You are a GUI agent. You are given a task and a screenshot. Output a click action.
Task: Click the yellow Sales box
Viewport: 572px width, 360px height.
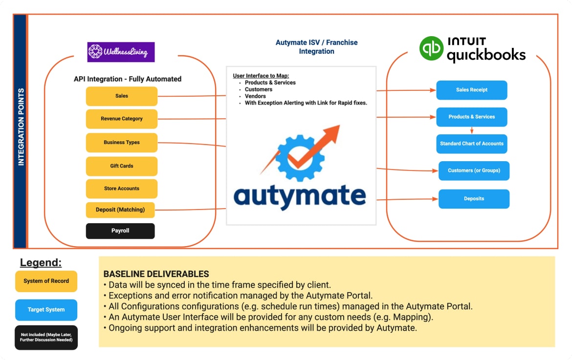click(121, 96)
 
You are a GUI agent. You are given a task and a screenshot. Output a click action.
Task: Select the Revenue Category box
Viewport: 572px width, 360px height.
click(121, 119)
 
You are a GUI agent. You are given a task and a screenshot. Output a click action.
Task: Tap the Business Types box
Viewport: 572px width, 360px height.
click(121, 143)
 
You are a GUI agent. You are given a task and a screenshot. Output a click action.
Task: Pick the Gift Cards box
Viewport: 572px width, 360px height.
click(121, 166)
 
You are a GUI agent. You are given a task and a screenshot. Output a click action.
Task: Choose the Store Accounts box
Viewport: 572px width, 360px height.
click(121, 189)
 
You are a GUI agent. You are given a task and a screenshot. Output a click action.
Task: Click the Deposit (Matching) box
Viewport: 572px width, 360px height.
click(120, 210)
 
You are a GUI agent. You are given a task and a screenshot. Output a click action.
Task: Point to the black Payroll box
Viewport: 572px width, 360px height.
click(120, 231)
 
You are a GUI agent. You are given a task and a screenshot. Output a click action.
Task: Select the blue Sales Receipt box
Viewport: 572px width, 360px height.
click(472, 90)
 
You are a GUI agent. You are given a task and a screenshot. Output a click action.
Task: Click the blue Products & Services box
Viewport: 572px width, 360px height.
click(472, 117)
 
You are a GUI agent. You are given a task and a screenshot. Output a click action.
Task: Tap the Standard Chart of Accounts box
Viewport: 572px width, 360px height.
click(472, 144)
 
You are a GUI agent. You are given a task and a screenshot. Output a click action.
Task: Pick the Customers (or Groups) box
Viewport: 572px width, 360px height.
click(474, 170)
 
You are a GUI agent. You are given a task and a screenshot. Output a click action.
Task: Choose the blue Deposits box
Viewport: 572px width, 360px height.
click(474, 199)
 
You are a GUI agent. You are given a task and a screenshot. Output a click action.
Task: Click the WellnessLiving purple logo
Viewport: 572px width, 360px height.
click(121, 52)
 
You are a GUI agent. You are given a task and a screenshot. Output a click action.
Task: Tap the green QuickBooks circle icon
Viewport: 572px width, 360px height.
click(432, 48)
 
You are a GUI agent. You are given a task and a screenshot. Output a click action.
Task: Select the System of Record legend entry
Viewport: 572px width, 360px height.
click(46, 281)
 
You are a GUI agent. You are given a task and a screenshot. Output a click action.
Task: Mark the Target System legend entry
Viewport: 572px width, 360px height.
click(46, 310)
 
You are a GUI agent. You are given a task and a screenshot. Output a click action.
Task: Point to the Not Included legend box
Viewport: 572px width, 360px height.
click(46, 338)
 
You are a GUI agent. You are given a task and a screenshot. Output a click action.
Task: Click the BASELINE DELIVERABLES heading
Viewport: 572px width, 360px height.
click(156, 274)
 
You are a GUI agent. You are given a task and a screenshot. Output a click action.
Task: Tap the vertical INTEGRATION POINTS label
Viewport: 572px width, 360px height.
click(21, 127)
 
